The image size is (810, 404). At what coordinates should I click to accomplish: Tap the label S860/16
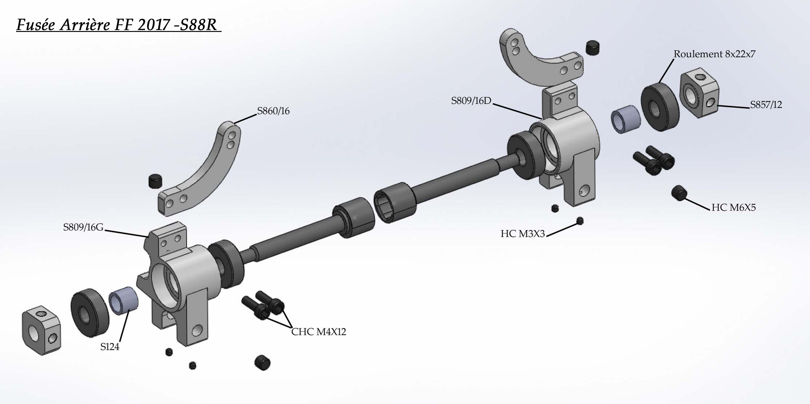(x=273, y=111)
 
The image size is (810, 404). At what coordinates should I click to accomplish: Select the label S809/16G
(x=83, y=227)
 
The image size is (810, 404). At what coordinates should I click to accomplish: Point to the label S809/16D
(x=471, y=101)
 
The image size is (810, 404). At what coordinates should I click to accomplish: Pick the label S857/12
(x=766, y=105)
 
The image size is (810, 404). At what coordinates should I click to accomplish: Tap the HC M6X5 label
(x=733, y=208)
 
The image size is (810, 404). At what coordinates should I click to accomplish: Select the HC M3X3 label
(x=522, y=234)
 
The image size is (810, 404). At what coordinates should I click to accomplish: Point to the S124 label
(x=110, y=347)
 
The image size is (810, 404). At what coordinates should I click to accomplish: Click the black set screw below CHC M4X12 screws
(x=262, y=363)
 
